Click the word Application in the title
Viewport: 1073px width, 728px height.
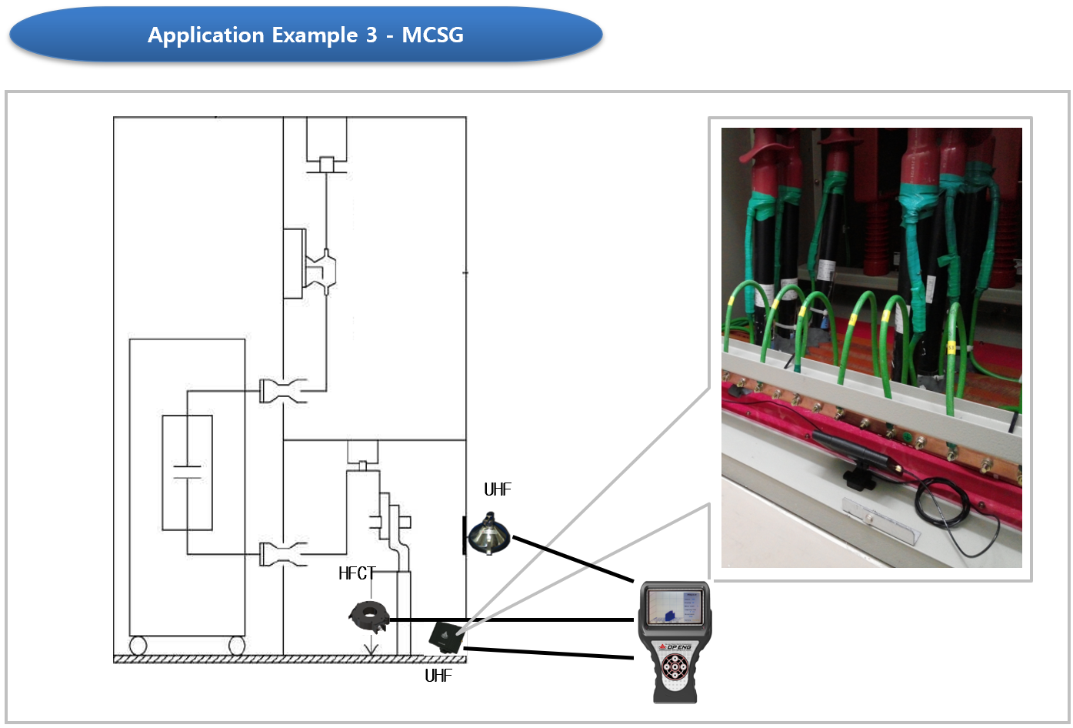pyautogui.click(x=205, y=35)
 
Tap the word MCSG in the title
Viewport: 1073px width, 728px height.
pyautogui.click(x=432, y=35)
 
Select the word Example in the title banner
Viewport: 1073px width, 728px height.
pyautogui.click(x=315, y=35)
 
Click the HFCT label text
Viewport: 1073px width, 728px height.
pyautogui.click(x=356, y=573)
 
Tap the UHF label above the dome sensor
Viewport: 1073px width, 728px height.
pyautogui.click(x=498, y=489)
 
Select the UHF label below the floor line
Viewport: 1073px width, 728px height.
pyautogui.click(x=438, y=676)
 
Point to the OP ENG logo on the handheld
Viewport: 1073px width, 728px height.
pyautogui.click(x=675, y=646)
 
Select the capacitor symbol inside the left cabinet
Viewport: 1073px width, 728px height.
pyautogui.click(x=187, y=472)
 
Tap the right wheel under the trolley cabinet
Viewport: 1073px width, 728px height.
pyautogui.click(x=237, y=645)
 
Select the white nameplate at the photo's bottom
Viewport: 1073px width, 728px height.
pyautogui.click(x=881, y=519)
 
